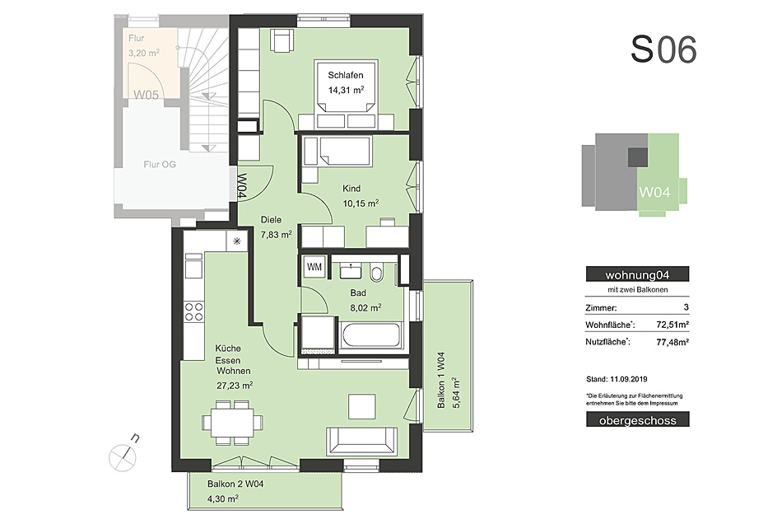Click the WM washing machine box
pyautogui.click(x=314, y=267)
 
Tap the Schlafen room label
pyautogui.click(x=346, y=75)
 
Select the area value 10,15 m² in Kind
pyautogui.click(x=361, y=204)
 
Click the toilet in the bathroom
pyautogui.click(x=376, y=273)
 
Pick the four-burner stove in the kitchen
pyautogui.click(x=194, y=312)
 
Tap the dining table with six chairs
pyautogui.click(x=232, y=422)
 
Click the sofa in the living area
pyautogui.click(x=361, y=441)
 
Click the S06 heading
pyautogui.click(x=663, y=49)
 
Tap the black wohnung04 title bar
pyautogui.click(x=637, y=274)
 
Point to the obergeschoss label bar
pyautogui.click(x=637, y=419)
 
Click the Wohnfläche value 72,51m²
pyautogui.click(x=673, y=325)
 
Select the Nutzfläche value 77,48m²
pyautogui.click(x=673, y=342)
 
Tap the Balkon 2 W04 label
pyautogui.click(x=235, y=484)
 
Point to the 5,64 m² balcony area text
pyautogui.click(x=455, y=393)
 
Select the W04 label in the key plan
pyautogui.click(x=654, y=192)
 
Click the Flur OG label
pyautogui.click(x=160, y=164)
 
